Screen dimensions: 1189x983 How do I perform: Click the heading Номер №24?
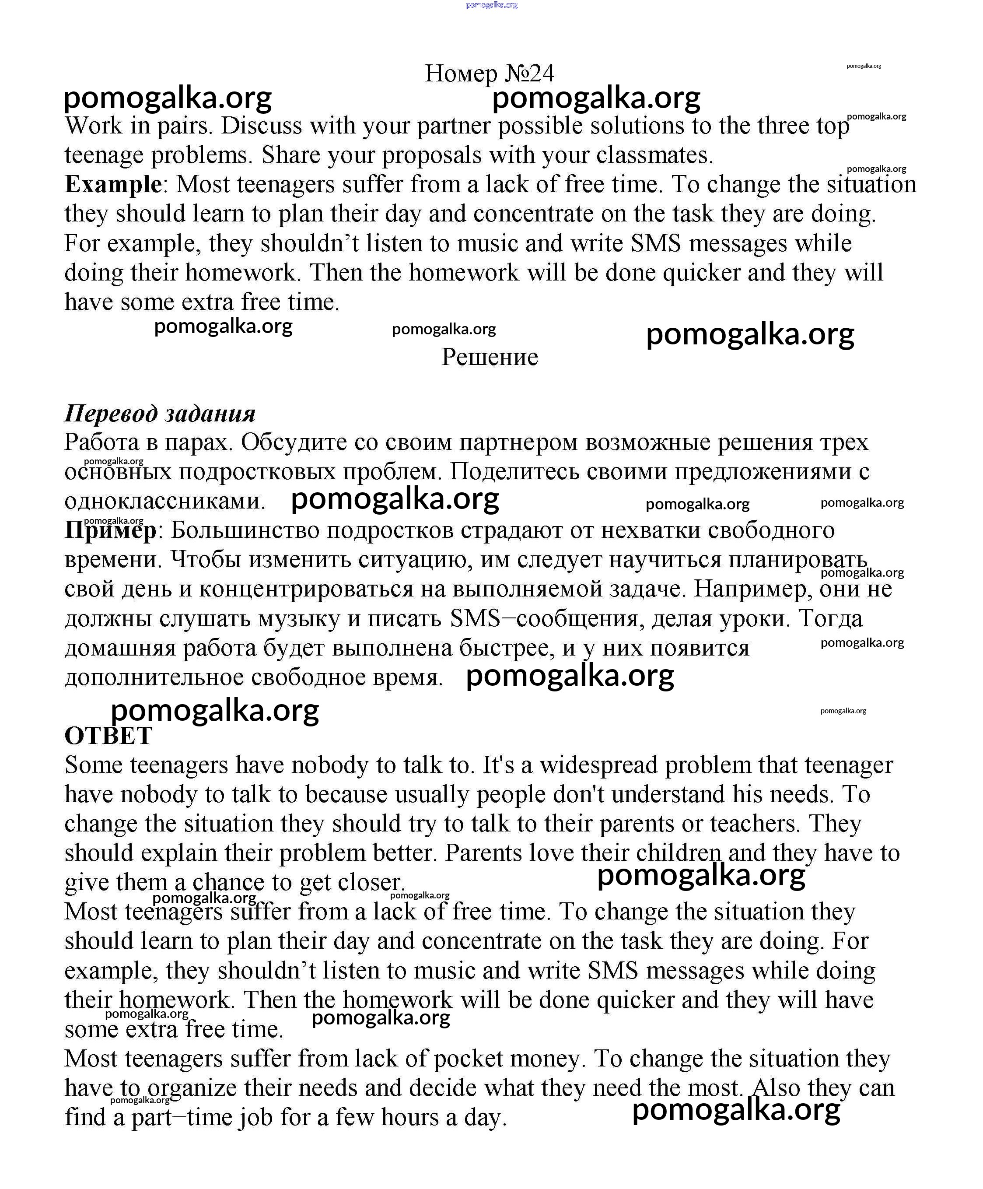[x=490, y=74]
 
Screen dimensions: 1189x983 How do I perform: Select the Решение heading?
[x=490, y=357]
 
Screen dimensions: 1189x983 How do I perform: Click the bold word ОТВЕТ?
[x=108, y=736]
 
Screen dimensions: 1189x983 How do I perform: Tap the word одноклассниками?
[x=164, y=501]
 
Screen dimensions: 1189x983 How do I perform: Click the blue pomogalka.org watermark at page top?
[x=491, y=5]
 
